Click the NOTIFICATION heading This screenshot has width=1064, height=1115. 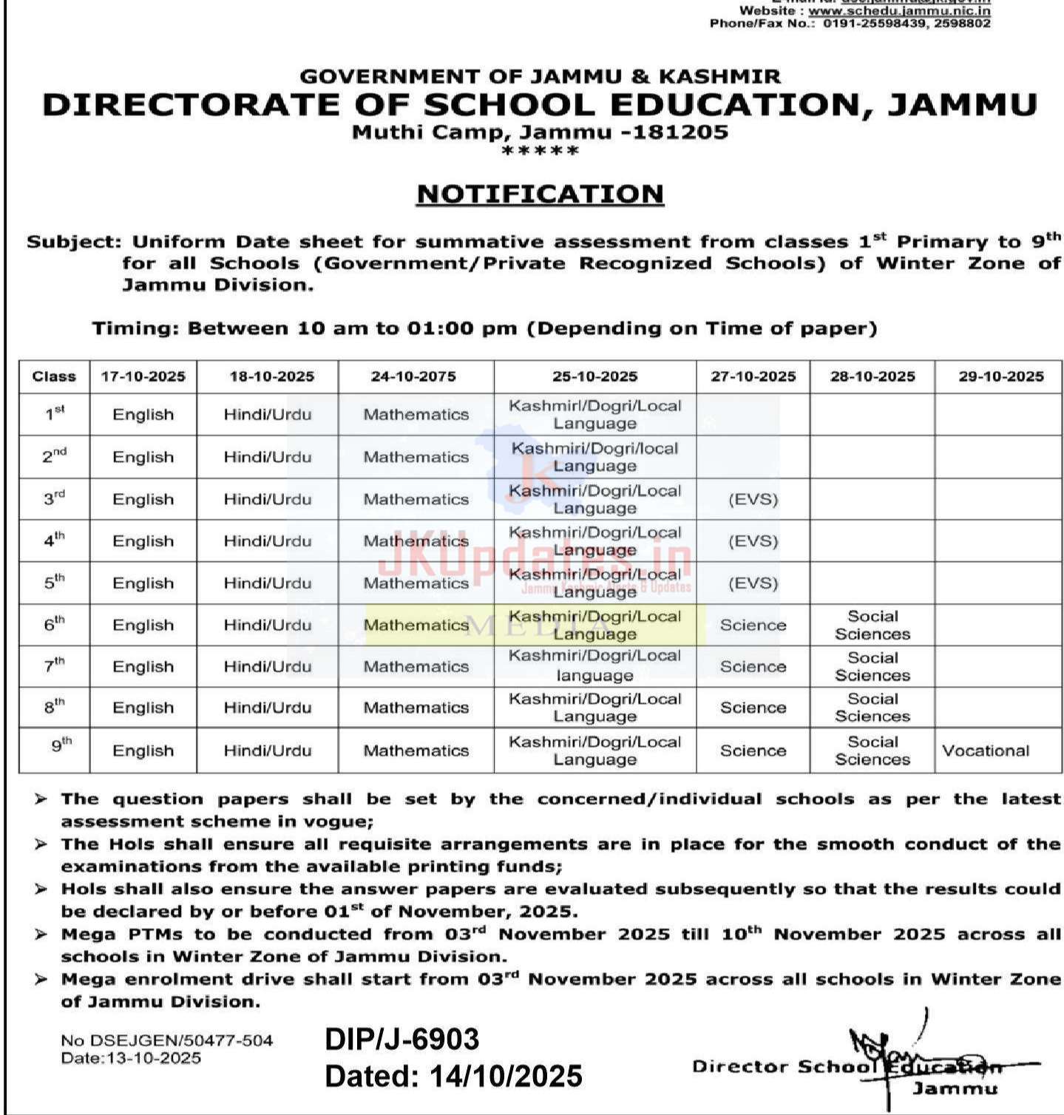540,194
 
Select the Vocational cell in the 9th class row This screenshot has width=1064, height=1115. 985,750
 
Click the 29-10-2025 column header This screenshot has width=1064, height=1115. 1001,376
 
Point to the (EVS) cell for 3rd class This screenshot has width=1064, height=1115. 753,499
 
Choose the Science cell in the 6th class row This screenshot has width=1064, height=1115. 753,625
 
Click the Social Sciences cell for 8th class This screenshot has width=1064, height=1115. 872,708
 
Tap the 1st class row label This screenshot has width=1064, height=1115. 54,414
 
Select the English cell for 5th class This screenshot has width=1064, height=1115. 143,583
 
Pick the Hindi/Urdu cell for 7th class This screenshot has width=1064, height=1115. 267,666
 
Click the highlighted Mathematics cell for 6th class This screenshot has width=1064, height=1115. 416,625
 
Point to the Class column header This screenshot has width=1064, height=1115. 54,376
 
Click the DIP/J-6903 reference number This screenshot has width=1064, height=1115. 401,1039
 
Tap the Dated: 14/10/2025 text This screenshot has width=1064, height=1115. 453,1076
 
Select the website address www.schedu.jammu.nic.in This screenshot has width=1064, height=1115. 898,11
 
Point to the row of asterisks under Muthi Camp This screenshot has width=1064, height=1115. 540,151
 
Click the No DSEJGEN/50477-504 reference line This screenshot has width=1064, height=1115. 167,1040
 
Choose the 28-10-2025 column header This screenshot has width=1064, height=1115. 872,376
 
